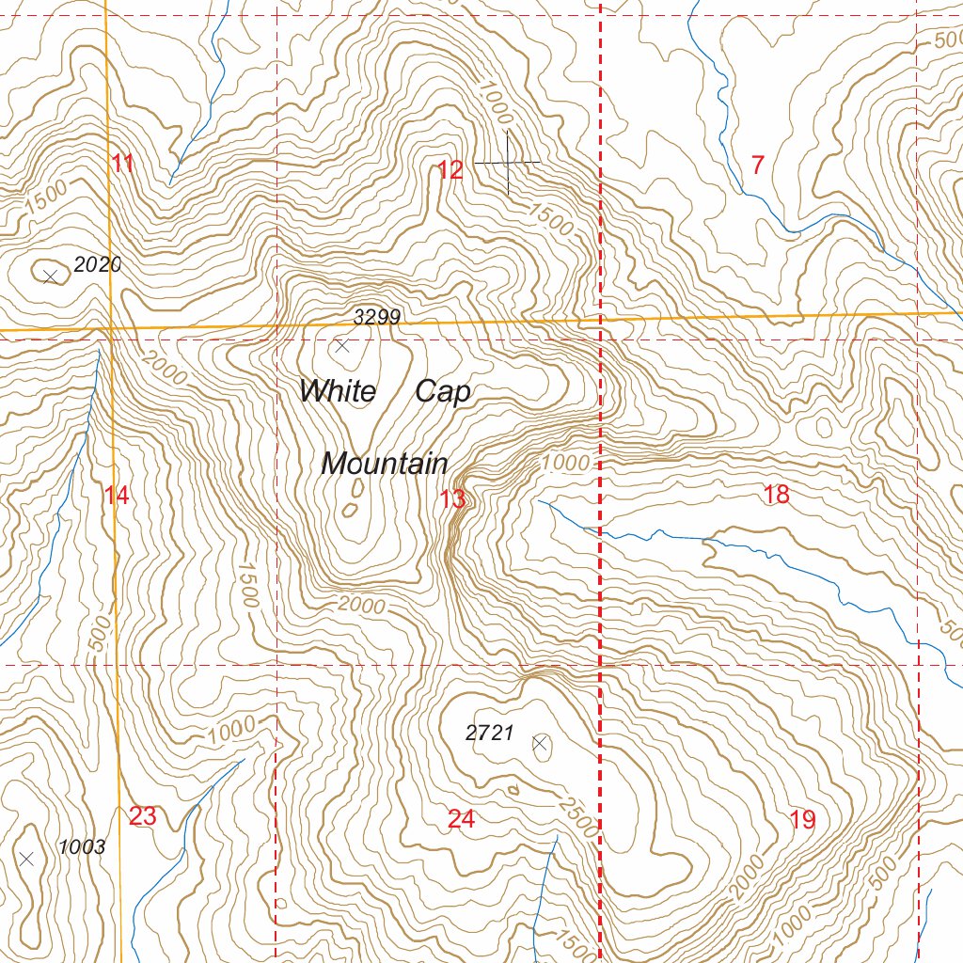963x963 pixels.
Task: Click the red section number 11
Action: [122, 164]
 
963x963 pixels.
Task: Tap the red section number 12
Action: [450, 170]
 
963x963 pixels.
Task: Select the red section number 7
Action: [757, 166]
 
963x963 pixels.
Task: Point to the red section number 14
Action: [117, 496]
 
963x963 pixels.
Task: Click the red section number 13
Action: [452, 499]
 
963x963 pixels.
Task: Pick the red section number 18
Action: [777, 495]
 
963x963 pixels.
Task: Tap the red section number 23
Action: [142, 816]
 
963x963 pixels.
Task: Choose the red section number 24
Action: [461, 820]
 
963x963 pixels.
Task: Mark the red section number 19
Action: [802, 820]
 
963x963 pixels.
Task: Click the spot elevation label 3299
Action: [377, 318]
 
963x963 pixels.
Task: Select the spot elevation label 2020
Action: [98, 265]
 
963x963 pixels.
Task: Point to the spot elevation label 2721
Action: [489, 734]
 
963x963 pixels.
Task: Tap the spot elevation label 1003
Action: [82, 847]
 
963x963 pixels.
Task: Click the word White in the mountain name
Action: [338, 391]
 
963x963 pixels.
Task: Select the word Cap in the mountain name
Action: [442, 391]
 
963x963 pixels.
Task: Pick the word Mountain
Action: [384, 464]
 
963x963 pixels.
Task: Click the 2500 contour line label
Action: [576, 815]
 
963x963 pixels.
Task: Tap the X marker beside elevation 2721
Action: [540, 744]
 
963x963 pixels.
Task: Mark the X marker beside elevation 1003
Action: [27, 858]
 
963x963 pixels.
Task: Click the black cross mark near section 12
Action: [508, 163]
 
